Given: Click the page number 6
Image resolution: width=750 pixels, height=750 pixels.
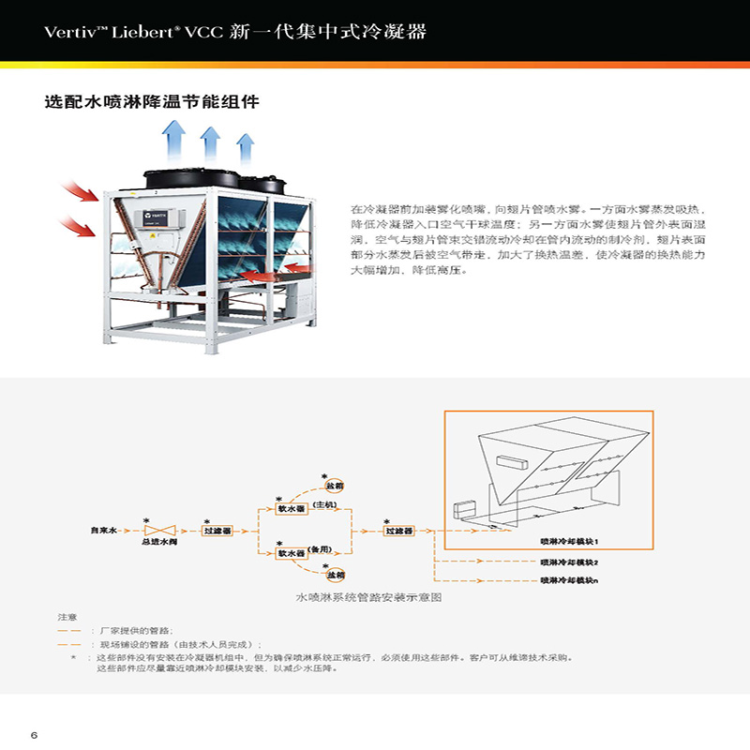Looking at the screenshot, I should [x=34, y=733].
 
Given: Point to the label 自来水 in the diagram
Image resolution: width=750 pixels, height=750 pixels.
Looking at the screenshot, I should [x=102, y=530].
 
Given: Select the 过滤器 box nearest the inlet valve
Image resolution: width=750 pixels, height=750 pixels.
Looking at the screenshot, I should [x=217, y=530].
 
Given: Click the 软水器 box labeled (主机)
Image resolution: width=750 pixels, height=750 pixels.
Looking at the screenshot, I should [x=292, y=508].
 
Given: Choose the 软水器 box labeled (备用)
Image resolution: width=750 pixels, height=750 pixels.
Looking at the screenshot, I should [x=292, y=552].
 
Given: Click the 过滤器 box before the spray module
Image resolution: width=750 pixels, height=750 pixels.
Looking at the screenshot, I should [x=399, y=530].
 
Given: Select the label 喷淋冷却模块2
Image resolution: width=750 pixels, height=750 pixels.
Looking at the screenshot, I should [x=569, y=562].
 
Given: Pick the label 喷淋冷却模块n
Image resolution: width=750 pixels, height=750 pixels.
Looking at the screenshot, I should [x=569, y=581].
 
